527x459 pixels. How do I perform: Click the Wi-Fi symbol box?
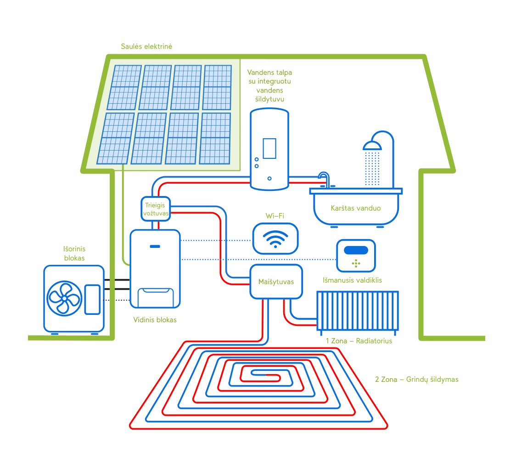point(275,239)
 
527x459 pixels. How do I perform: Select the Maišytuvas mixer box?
point(276,281)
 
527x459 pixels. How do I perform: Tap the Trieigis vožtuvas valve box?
point(155,209)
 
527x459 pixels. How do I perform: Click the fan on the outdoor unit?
point(64,298)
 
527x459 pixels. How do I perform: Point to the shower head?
point(372,146)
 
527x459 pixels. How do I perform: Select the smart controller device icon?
point(356,256)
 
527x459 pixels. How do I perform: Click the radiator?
point(358,311)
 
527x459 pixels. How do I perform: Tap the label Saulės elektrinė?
point(146,46)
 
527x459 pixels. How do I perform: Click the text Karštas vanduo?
point(356,208)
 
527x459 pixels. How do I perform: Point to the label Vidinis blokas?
point(155,319)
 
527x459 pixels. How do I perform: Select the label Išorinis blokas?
point(74,253)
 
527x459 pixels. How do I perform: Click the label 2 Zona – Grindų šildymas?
point(417,380)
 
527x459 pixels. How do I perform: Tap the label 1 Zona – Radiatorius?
point(359,341)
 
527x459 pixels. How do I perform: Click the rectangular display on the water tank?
point(269,148)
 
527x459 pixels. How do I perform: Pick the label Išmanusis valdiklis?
point(352,280)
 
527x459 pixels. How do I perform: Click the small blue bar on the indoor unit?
point(155,246)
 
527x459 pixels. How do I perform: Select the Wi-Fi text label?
point(275,216)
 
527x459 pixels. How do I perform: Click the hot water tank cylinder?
point(269,149)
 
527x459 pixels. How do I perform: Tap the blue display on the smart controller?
point(356,250)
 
